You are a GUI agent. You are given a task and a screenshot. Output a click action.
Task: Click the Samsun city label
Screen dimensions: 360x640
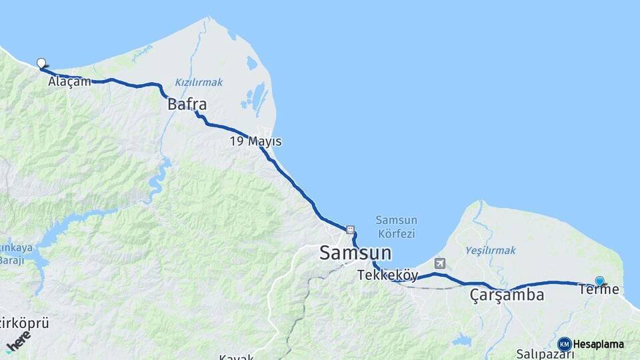[355, 253]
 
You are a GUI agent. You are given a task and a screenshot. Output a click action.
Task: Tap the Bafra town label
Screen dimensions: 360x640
[187, 105]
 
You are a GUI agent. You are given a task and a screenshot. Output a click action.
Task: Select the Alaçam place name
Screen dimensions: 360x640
[69, 82]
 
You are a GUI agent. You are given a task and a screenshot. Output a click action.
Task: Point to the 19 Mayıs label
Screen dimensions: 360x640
[255, 141]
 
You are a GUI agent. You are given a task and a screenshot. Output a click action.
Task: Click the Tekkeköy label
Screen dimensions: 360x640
[387, 275]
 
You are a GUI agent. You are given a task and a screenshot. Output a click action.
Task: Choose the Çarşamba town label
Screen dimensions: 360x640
[507, 295]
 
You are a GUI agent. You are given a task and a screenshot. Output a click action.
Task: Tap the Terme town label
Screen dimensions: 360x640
[599, 289]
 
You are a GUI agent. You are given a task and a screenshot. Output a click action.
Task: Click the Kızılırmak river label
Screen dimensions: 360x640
[199, 82]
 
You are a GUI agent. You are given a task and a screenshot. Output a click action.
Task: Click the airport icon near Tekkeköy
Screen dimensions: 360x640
[439, 263]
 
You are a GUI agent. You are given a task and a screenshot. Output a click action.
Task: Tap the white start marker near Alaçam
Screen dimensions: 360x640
[41, 63]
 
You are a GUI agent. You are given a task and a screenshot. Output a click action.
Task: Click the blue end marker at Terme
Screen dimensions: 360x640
[599, 281]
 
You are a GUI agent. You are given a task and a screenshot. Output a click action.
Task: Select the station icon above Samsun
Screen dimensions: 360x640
[350, 230]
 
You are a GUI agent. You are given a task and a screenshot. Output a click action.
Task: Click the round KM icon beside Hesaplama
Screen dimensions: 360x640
[565, 344]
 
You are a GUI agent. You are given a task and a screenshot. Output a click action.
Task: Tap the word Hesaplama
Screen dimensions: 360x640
[599, 344]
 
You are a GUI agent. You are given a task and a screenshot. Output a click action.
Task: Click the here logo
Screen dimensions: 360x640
[18, 341]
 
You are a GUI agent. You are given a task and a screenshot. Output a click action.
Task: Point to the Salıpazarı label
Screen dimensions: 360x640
[545, 354]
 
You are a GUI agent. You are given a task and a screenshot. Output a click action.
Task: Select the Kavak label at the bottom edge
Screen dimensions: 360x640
[236, 356]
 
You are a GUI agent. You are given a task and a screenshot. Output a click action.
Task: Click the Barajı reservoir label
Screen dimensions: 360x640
[11, 260]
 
